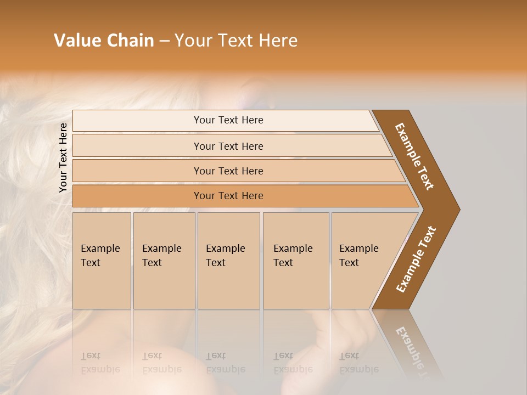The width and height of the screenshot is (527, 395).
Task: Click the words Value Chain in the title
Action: click(104, 41)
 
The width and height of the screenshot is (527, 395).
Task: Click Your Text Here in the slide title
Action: click(236, 41)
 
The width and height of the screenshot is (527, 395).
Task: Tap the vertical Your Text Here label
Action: click(63, 157)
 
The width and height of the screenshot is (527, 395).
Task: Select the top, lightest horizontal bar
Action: click(228, 120)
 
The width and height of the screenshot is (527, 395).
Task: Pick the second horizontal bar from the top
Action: click(228, 146)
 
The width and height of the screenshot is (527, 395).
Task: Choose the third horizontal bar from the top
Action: click(228, 171)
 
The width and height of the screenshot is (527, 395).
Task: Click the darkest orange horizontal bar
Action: click(228, 196)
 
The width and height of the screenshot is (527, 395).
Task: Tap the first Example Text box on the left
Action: click(102, 261)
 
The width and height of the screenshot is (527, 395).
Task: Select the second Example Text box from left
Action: click(164, 261)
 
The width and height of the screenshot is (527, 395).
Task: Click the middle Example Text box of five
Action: click(228, 261)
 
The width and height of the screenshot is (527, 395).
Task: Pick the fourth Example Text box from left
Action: click(296, 261)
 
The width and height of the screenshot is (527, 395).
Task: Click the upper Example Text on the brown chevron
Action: click(414, 156)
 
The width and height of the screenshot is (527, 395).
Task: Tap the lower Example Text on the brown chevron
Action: click(416, 259)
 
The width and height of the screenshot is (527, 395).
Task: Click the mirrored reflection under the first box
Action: click(100, 363)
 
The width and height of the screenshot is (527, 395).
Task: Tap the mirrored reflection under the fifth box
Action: click(358, 363)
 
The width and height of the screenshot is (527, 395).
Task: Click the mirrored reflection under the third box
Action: click(225, 363)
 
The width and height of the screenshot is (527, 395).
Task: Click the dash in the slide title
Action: click(164, 41)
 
